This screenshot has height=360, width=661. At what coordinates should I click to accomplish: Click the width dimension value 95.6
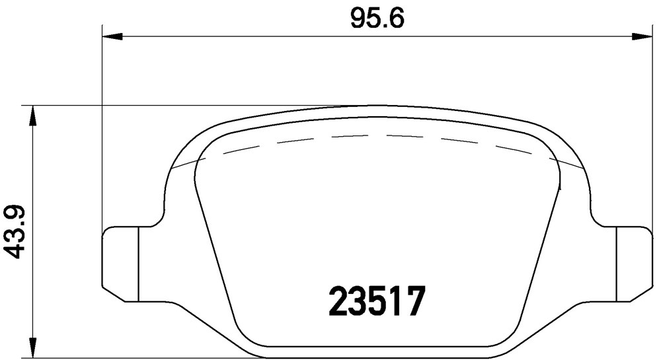[x=377, y=18]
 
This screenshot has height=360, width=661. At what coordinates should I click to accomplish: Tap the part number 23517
[x=377, y=301]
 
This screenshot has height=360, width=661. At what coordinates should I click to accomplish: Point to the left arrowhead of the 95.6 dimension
[x=112, y=37]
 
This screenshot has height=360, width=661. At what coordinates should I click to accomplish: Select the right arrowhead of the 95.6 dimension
[x=642, y=37]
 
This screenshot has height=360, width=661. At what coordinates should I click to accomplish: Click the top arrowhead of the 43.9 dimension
[x=32, y=116]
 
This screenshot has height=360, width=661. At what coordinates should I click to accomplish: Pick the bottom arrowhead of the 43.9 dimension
[x=32, y=348]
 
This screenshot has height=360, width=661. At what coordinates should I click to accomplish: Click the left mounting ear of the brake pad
[x=121, y=264]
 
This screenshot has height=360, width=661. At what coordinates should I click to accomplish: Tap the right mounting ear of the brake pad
[x=634, y=264]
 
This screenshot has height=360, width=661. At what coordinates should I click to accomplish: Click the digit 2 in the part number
[x=338, y=301]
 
